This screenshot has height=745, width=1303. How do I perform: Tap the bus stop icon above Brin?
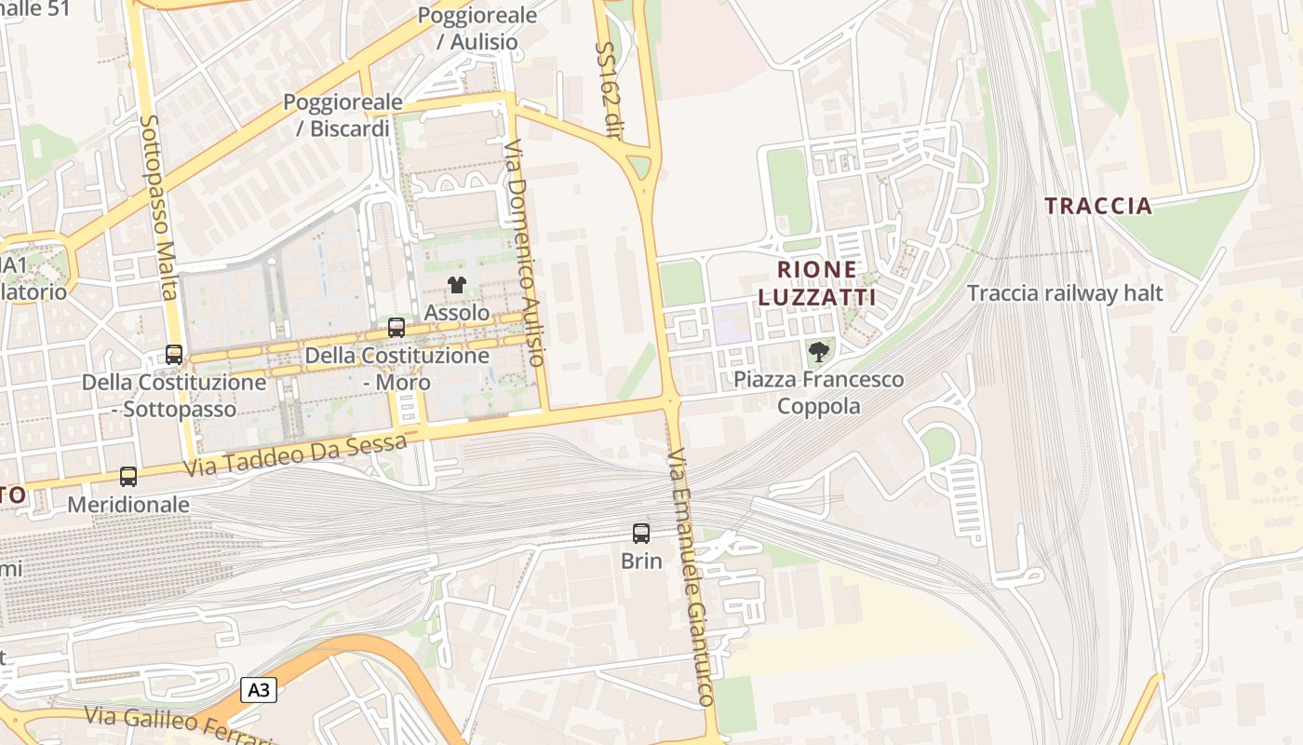(641, 534)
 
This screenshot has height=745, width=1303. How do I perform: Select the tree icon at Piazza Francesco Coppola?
(819, 352)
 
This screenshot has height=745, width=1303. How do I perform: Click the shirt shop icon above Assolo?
(456, 285)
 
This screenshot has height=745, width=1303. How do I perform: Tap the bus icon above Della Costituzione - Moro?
(396, 328)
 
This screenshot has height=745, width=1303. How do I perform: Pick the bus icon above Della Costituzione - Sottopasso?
(174, 355)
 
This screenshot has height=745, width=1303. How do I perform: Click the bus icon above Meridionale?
(128, 477)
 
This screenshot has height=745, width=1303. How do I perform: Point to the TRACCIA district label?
(1098, 206)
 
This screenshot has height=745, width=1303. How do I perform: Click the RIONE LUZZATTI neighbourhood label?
(817, 283)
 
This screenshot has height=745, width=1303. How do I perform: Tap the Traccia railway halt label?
(1065, 293)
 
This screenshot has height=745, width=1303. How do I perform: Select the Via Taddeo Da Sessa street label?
(295, 455)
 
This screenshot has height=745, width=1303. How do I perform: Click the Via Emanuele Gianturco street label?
(691, 577)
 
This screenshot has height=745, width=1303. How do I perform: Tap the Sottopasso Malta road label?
(156, 207)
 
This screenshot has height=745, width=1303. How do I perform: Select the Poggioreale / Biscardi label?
(343, 115)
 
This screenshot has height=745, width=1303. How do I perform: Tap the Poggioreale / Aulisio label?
(477, 28)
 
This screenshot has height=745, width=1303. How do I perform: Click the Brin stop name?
(641, 561)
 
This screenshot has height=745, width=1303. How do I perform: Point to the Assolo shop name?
(456, 312)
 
